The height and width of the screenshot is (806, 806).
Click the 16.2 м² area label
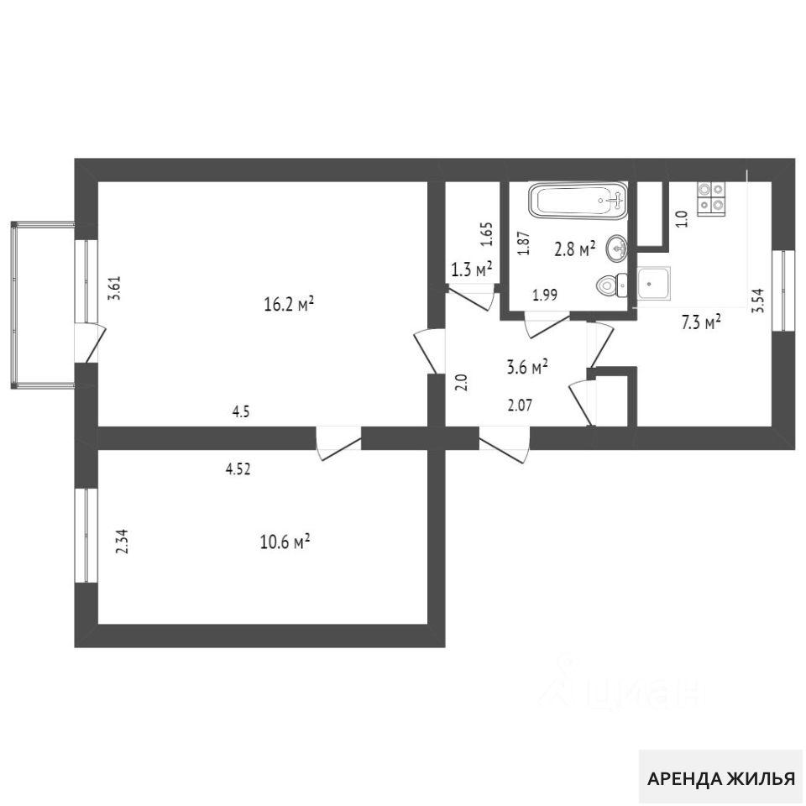289,305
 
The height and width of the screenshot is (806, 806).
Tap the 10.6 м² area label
285,542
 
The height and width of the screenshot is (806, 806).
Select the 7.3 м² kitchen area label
701,322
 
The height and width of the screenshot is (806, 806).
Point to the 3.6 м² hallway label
527,367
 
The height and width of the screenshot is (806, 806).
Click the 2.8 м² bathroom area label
574,249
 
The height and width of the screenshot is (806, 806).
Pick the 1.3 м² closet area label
471,269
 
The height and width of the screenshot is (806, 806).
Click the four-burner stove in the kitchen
711,198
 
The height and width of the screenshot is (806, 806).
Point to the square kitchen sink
654,283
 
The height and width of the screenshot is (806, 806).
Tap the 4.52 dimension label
238,468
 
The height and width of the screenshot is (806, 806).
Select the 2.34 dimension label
123,542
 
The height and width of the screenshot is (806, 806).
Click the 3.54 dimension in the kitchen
757,301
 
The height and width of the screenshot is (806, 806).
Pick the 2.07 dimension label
520,406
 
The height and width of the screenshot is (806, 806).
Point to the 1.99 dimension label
545,295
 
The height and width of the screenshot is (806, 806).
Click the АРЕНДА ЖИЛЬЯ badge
720,778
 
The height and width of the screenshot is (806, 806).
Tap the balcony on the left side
43,305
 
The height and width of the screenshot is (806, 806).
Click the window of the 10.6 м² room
86,535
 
